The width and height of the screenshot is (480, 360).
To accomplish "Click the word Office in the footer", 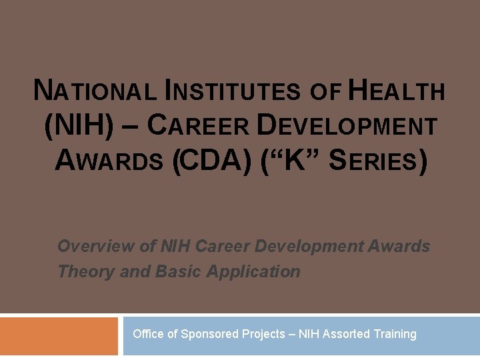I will tap(148, 334).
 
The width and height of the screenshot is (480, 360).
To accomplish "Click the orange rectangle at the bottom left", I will tap(59, 336).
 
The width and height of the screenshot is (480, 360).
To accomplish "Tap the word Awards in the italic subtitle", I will tap(399, 247).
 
